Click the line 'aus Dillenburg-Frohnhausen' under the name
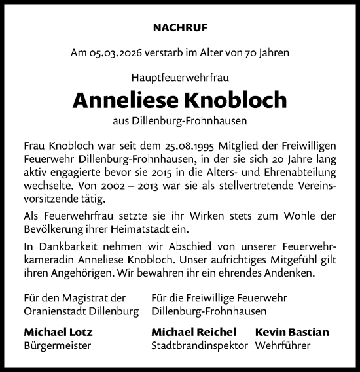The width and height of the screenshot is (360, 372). point(179,120)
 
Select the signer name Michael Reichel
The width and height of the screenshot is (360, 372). point(194,331)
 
